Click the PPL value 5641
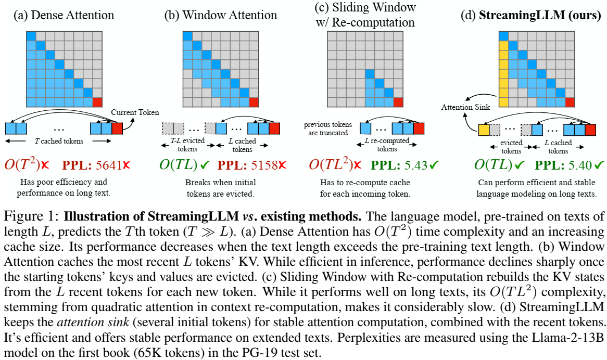click(x=111, y=165)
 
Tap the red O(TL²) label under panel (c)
click(x=331, y=165)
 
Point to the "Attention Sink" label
click(x=462, y=108)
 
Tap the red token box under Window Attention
click(x=274, y=128)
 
